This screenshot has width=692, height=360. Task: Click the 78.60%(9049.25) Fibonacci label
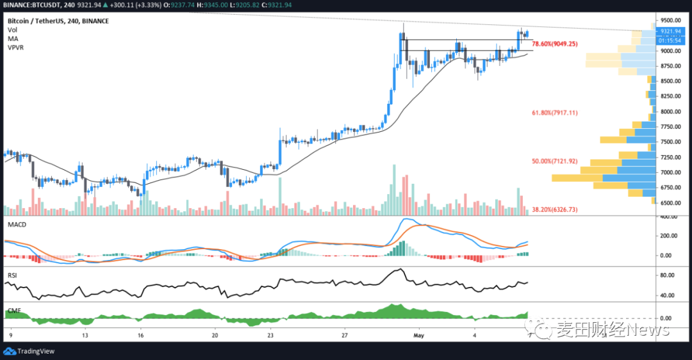click(x=556, y=44)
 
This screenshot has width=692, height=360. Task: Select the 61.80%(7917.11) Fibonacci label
click(x=555, y=113)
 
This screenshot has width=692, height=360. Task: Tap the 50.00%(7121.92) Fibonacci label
click(x=555, y=161)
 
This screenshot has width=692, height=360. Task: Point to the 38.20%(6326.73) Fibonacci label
click(x=555, y=209)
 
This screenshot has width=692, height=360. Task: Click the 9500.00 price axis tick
click(x=671, y=20)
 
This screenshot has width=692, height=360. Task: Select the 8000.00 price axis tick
click(x=671, y=111)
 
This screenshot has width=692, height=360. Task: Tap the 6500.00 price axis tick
click(x=671, y=203)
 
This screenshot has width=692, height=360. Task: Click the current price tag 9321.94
click(x=671, y=31)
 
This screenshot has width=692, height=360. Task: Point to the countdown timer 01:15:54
click(x=671, y=40)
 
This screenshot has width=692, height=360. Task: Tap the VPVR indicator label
click(x=16, y=48)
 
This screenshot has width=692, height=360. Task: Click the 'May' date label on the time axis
click(x=419, y=335)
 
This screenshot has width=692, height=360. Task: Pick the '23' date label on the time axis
click(x=271, y=335)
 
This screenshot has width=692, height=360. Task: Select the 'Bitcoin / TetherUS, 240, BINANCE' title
click(x=58, y=21)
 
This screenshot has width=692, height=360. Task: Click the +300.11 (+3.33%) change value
click(x=125, y=5)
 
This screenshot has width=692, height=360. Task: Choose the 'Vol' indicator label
click(x=12, y=30)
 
